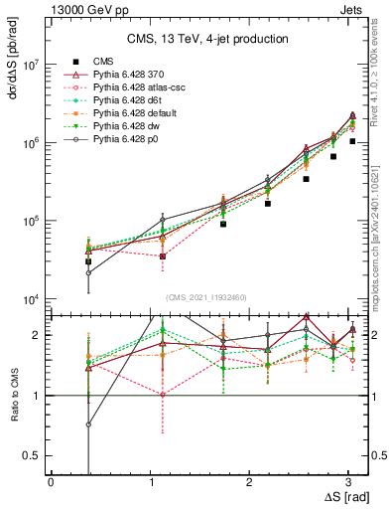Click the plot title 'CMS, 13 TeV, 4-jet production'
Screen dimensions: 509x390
pos(206,39)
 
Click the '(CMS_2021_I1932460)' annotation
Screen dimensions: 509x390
pos(206,296)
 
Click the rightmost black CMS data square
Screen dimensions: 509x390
pos(352,141)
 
